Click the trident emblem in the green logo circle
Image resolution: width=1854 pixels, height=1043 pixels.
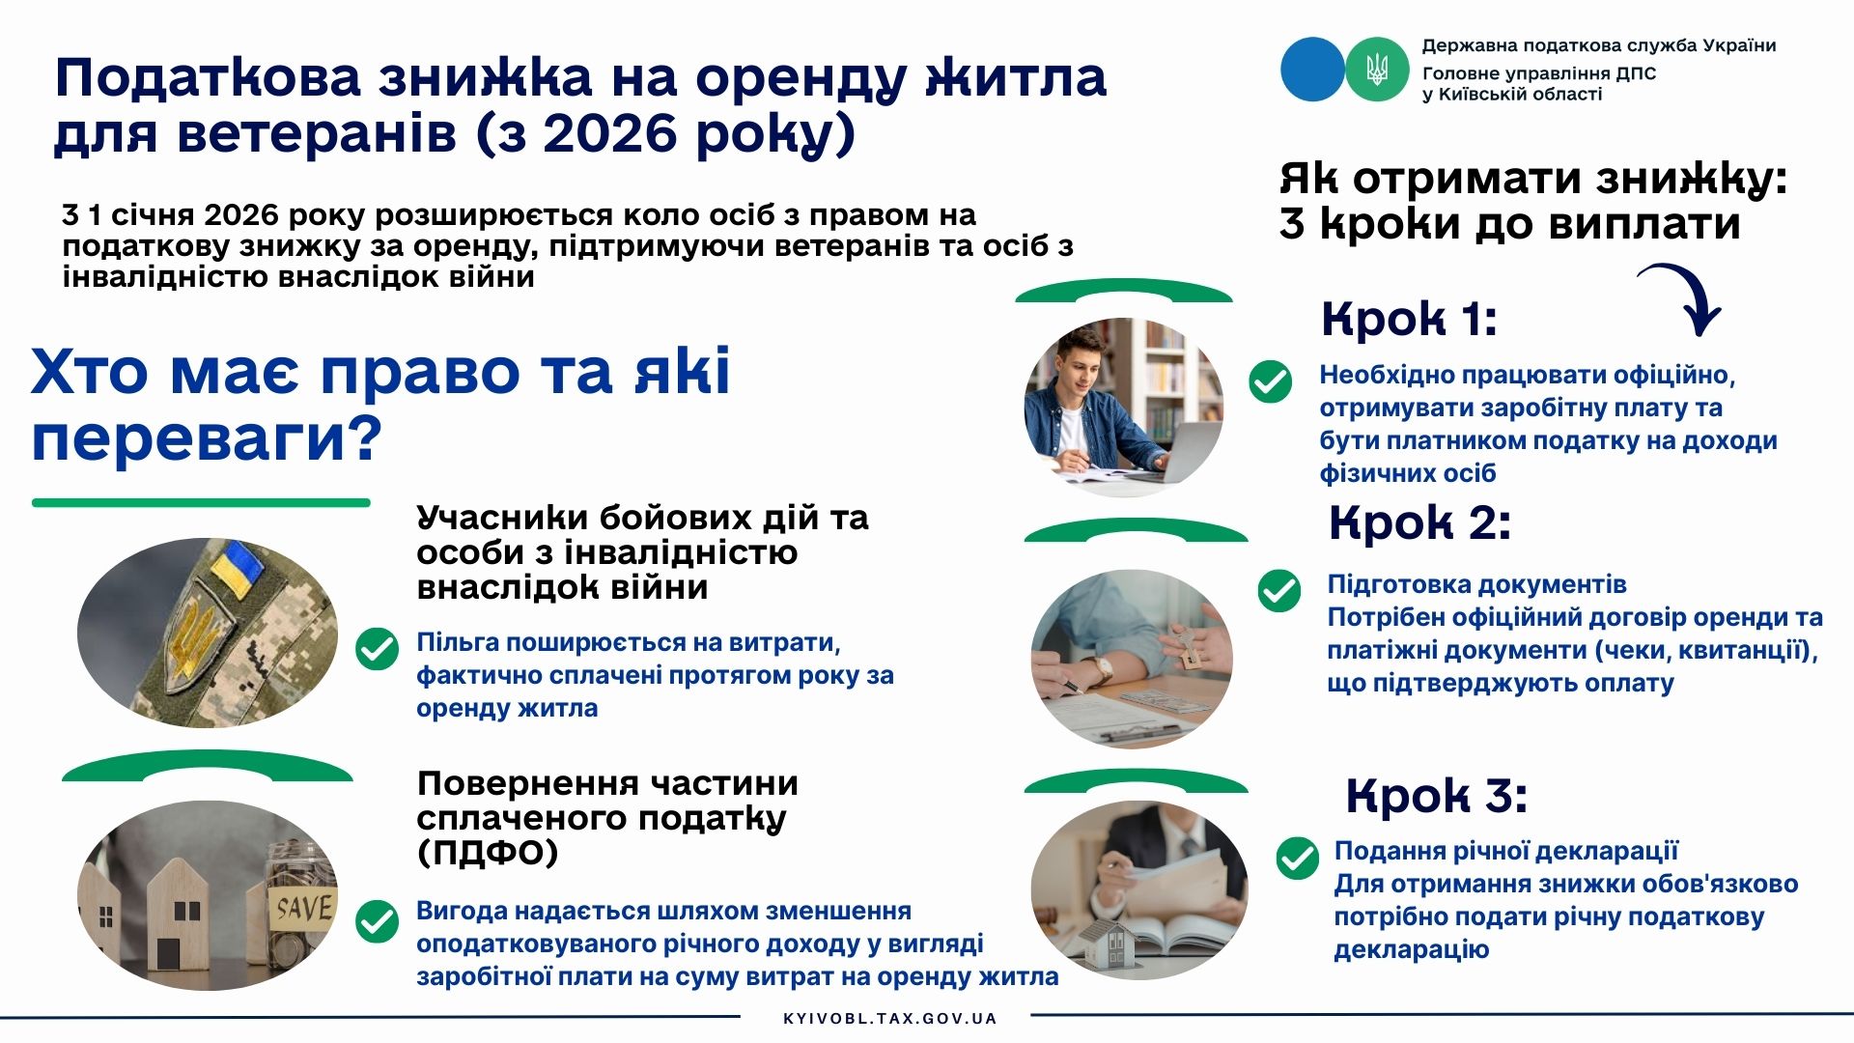(1377, 70)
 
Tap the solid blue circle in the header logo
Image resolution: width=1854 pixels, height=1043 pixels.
(1312, 69)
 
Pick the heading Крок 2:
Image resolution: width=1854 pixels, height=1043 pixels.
(1419, 523)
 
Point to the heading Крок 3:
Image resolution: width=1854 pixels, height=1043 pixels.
(1437, 796)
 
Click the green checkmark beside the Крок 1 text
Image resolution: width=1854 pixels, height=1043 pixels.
(1270, 381)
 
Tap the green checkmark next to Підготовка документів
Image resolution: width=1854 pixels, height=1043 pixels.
(1279, 590)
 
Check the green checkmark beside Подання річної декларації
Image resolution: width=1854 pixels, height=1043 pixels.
(1297, 858)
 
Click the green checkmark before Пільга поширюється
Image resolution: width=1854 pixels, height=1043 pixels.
(377, 649)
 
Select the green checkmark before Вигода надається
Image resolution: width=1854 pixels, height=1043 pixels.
(377, 921)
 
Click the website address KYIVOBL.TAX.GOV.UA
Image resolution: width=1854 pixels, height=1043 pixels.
(890, 1018)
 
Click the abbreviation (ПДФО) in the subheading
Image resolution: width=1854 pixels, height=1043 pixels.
(488, 853)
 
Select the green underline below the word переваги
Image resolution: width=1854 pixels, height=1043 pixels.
(201, 502)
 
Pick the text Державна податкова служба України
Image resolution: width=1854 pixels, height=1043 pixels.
(1599, 45)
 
